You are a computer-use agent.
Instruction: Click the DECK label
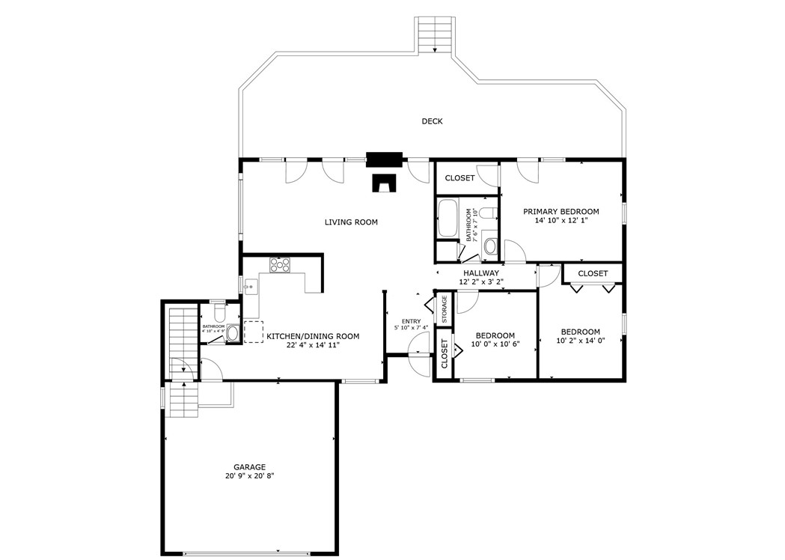pyautogui.click(x=432, y=121)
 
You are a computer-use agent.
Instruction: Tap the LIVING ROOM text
pyautogui.click(x=351, y=222)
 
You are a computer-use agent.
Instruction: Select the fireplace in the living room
pyautogui.click(x=385, y=183)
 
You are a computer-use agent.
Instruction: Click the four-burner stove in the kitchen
pyautogui.click(x=280, y=264)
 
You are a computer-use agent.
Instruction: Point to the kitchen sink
pyautogui.click(x=251, y=286)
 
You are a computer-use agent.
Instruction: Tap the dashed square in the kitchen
pyautogui.click(x=254, y=331)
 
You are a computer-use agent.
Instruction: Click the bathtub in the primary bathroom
pyautogui.click(x=450, y=217)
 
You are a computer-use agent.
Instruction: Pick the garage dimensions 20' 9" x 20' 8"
pyautogui.click(x=249, y=476)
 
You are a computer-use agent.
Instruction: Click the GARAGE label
pyautogui.click(x=249, y=467)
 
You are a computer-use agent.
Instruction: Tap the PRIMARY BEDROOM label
pyautogui.click(x=561, y=212)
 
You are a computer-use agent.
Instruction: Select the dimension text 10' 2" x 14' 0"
pyautogui.click(x=580, y=341)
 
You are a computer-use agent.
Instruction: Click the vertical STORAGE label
pyautogui.click(x=445, y=308)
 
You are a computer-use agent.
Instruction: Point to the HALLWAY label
pyautogui.click(x=481, y=273)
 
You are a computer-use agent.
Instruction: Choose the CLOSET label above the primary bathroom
pyautogui.click(x=459, y=178)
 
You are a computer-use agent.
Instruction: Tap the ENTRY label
pyautogui.click(x=412, y=320)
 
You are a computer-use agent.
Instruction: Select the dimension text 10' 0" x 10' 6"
pyautogui.click(x=495, y=344)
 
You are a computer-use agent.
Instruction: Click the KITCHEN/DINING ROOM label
pyautogui.click(x=313, y=337)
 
